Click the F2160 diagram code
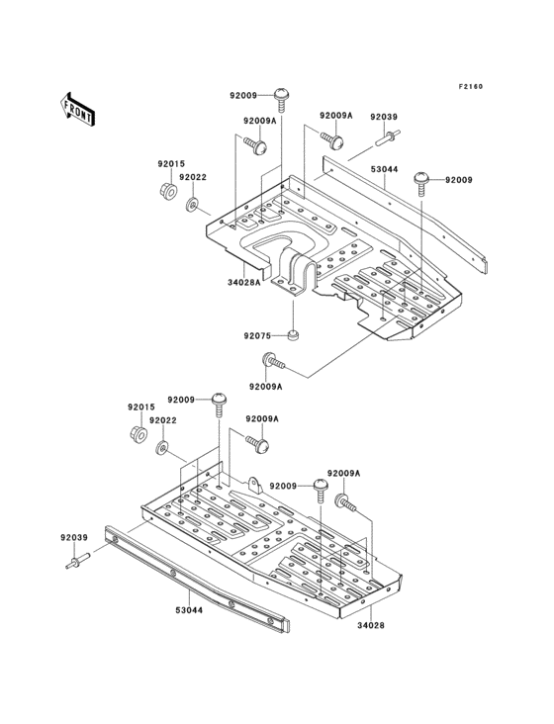point(470,86)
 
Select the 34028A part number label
point(243,282)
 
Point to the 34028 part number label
point(370,625)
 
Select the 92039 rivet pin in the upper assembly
point(386,136)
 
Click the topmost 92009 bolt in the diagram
point(283,97)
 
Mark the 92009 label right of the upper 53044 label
point(459,180)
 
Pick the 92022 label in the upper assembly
point(193,177)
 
